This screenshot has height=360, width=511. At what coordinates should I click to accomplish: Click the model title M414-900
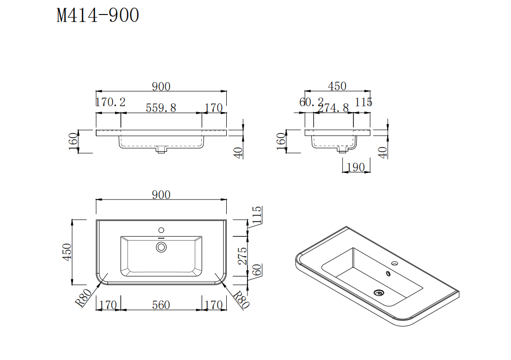(x=98, y=15)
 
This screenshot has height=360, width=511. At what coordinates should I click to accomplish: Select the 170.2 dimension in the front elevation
(x=110, y=102)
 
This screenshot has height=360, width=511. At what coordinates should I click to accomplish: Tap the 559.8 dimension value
(x=161, y=107)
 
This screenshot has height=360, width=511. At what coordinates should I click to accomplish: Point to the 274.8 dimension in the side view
(x=334, y=108)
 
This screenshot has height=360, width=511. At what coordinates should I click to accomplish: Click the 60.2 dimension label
(x=311, y=102)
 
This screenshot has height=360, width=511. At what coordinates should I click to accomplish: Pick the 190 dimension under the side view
(x=355, y=167)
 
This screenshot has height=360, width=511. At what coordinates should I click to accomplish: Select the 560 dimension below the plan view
(x=161, y=305)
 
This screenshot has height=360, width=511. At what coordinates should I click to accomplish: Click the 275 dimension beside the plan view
(x=243, y=256)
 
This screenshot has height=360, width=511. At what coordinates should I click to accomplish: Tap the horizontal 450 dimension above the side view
(x=337, y=86)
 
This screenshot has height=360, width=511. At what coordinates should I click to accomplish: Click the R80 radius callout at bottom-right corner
(x=241, y=300)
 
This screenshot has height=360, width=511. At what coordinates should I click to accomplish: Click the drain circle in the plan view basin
(x=161, y=247)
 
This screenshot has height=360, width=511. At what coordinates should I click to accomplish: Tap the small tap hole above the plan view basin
(x=161, y=230)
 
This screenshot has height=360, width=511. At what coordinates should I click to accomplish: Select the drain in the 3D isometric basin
(x=379, y=292)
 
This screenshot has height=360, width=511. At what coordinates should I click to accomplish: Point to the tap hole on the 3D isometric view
(x=394, y=264)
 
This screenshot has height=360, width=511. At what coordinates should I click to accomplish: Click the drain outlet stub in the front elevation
(x=161, y=150)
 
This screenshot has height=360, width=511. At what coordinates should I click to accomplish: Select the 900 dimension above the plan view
(x=161, y=195)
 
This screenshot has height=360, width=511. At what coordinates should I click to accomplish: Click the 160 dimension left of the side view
(x=280, y=141)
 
